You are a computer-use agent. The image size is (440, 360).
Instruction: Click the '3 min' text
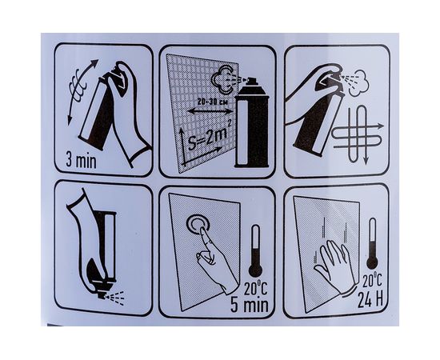point(81,161)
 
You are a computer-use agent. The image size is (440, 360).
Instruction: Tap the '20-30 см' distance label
point(212,102)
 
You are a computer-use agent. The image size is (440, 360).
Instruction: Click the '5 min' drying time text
point(249,305)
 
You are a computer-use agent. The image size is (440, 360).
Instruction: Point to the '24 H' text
point(370,300)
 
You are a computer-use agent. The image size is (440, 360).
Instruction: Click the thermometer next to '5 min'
point(255,250)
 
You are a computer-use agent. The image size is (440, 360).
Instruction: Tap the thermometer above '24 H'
point(372,243)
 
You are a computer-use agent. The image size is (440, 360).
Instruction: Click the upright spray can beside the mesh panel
point(252,122)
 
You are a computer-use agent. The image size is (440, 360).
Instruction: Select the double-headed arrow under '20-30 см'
point(210,112)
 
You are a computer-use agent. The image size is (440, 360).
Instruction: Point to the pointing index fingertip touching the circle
point(202,229)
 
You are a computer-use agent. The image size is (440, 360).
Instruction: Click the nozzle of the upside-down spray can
point(102,294)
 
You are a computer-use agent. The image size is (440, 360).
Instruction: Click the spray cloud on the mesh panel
point(222,79)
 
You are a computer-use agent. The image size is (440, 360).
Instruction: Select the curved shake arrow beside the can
point(82,92)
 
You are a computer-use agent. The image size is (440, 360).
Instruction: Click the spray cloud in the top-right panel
point(359,82)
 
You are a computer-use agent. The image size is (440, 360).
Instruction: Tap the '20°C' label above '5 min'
point(255,288)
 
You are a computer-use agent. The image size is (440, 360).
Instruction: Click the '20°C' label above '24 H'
point(372,281)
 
